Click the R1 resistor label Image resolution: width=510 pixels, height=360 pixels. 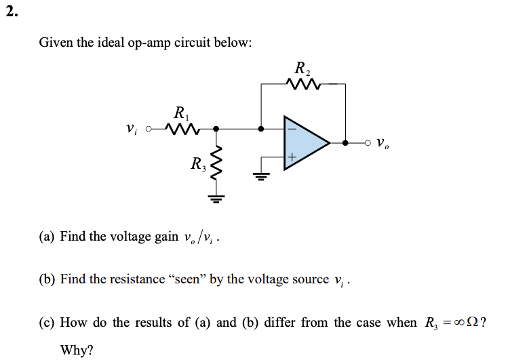coord(180,113)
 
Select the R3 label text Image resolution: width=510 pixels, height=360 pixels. coord(197,163)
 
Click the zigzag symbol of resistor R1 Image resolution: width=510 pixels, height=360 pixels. coord(181,128)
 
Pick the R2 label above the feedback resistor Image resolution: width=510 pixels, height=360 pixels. coord(302,68)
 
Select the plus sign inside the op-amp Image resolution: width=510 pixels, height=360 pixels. coord(292,158)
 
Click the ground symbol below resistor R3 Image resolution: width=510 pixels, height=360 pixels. coord(216,199)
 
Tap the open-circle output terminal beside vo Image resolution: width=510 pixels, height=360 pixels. coord(368,143)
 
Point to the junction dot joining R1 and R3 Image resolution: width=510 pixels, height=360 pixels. coord(216,128)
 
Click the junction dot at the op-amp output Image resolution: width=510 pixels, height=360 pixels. coord(345,143)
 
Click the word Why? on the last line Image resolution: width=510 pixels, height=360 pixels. coord(77,350)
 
